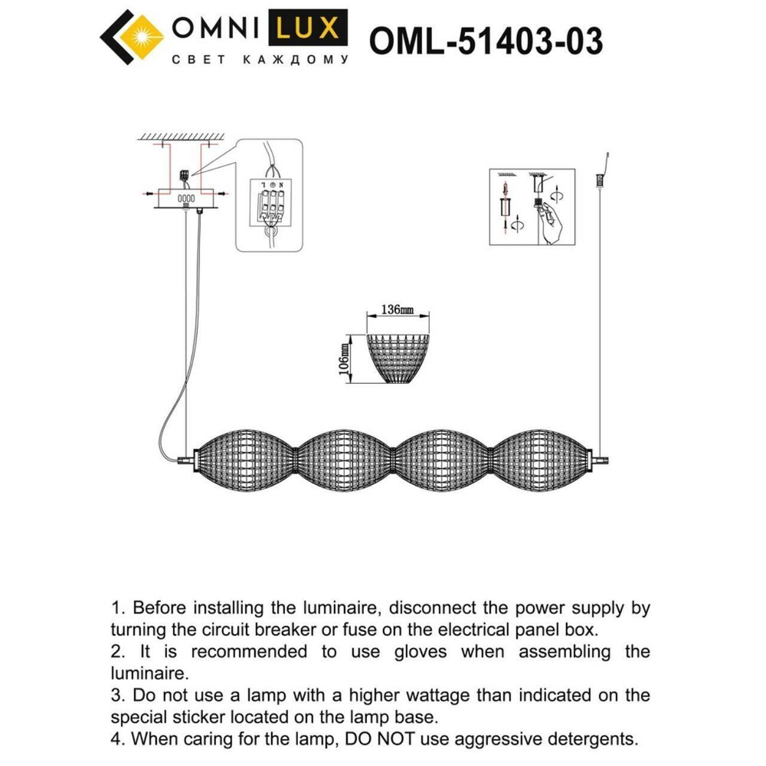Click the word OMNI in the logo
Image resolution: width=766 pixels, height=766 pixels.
tap(218, 28)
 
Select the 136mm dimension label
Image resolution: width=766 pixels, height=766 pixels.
tap(397, 310)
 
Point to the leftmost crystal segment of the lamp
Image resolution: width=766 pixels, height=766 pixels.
tap(247, 460)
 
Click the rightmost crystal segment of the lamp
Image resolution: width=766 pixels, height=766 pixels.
tap(542, 460)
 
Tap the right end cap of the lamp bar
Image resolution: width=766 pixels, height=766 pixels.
tap(601, 460)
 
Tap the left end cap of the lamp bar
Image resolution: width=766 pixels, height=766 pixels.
tap(186, 460)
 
